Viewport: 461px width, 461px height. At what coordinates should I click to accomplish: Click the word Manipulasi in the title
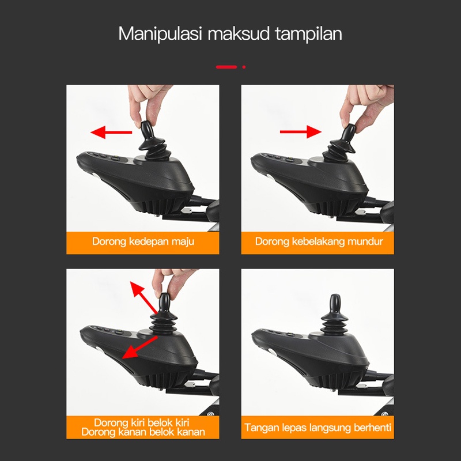point(160,34)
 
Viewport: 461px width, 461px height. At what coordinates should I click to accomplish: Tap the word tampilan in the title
point(309,34)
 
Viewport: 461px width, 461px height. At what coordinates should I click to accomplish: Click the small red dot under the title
point(244,67)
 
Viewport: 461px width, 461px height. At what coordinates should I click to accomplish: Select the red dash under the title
point(226,67)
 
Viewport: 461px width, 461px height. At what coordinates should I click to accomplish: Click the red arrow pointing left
point(111,133)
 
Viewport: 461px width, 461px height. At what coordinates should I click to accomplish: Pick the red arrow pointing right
point(300,132)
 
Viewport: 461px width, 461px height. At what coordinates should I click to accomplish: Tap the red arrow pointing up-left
point(143,297)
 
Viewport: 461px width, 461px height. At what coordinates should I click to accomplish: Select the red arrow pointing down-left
point(139,347)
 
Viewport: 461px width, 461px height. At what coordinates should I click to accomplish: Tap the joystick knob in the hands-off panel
point(335,304)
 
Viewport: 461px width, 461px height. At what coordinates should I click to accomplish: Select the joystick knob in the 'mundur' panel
point(349,133)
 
